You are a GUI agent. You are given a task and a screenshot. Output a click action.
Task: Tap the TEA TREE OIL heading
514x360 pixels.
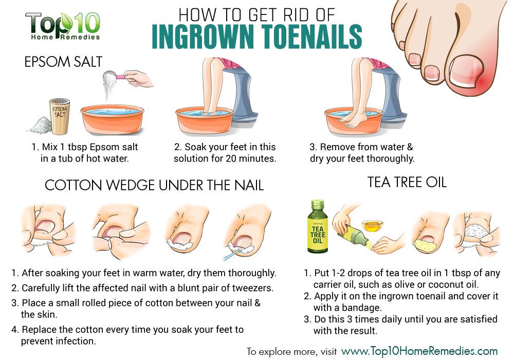pyautogui.click(x=406, y=182)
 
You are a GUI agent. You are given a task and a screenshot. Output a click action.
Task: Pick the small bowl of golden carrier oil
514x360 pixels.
pyautogui.click(x=373, y=225)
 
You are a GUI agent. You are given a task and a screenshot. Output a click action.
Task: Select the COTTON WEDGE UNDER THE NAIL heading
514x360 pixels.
pyautogui.click(x=154, y=185)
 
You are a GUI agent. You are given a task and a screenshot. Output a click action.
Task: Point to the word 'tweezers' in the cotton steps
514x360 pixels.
pyautogui.click(x=251, y=287)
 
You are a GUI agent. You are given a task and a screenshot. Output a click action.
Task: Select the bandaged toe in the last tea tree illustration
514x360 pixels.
pyautogui.click(x=478, y=231)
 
